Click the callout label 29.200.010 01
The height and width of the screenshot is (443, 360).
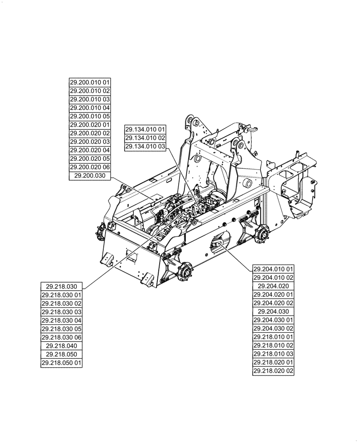pyautogui.click(x=90, y=82)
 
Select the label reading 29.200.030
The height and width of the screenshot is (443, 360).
pyautogui.click(x=90, y=176)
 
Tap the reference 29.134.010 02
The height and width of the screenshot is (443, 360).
pyautogui.click(x=145, y=138)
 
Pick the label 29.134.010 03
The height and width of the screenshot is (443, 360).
pyautogui.click(x=145, y=146)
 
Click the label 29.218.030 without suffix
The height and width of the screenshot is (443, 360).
pyautogui.click(x=61, y=286)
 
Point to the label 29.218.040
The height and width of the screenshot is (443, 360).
pyautogui.click(x=61, y=346)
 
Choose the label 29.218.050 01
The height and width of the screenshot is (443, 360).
pyautogui.click(x=61, y=363)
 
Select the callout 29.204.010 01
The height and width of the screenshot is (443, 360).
pyautogui.click(x=274, y=269)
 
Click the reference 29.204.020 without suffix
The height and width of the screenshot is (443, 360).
pyautogui.click(x=274, y=286)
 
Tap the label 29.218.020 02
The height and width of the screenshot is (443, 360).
pyautogui.click(x=274, y=371)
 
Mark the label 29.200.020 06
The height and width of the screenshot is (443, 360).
pyautogui.click(x=90, y=167)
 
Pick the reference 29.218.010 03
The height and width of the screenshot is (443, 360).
pyautogui.click(x=274, y=354)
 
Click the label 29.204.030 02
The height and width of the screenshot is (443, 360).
pyautogui.click(x=274, y=329)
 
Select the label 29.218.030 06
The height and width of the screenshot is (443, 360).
pyautogui.click(x=61, y=337)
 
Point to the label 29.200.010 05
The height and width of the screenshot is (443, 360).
pyautogui.click(x=90, y=116)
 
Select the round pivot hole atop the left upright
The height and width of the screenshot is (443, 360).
pyautogui.click(x=188, y=120)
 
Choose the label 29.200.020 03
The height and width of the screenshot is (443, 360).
pyautogui.click(x=90, y=142)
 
